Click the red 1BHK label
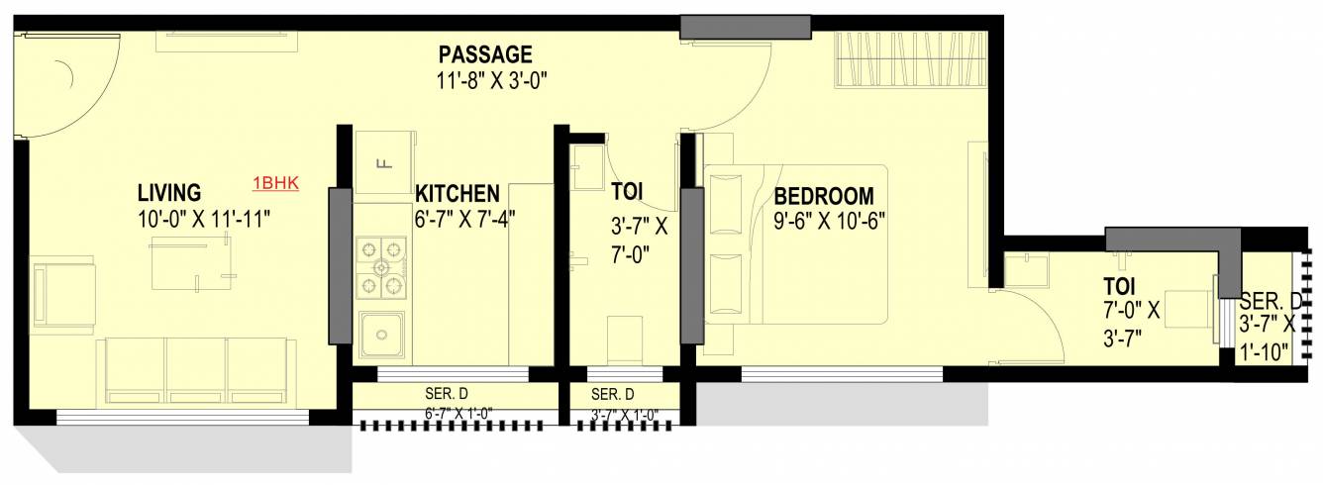tap(276, 182)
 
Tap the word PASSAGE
tap(485, 54)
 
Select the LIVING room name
tap(169, 192)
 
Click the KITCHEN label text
tap(457, 192)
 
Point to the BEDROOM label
tap(824, 195)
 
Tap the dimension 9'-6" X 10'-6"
tap(829, 222)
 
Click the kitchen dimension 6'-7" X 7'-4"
tap(464, 219)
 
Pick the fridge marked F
tap(380, 162)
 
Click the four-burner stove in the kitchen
tap(381, 267)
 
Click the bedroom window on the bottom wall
tap(842, 373)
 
